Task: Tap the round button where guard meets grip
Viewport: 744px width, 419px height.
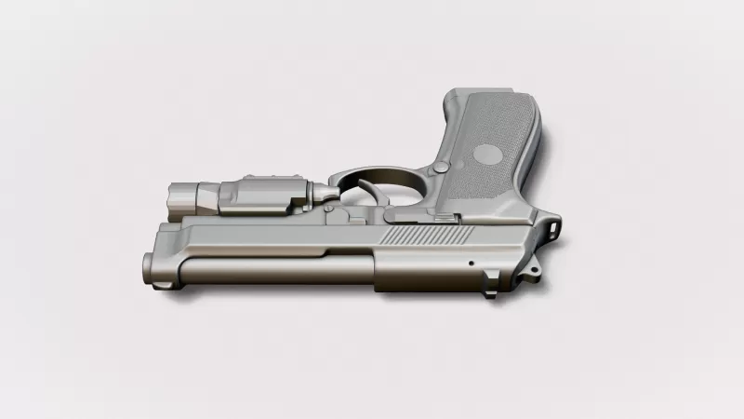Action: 441,168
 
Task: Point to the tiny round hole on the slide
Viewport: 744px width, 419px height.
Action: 472,264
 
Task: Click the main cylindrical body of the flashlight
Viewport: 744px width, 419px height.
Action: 265,194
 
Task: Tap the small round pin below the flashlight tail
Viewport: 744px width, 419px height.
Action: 329,209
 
